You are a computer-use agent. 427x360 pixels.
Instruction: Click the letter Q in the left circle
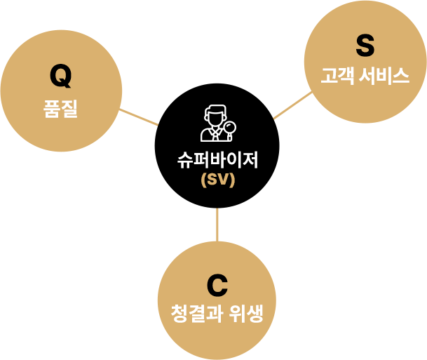[61, 76]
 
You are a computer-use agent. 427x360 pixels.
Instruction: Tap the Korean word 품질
[60, 109]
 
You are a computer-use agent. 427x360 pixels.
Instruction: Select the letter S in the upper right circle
[365, 46]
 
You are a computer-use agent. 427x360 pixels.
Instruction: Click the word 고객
[338, 76]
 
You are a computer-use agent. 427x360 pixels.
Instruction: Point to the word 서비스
[384, 76]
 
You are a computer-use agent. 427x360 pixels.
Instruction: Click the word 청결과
[198, 314]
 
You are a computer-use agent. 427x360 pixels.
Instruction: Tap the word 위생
[246, 314]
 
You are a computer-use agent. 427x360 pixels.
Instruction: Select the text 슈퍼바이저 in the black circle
[217, 160]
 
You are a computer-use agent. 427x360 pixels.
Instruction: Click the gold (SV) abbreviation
[217, 180]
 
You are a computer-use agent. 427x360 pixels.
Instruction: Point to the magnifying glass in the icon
[229, 129]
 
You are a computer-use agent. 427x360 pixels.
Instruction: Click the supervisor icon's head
[215, 116]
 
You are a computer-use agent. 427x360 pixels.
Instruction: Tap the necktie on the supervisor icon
[216, 135]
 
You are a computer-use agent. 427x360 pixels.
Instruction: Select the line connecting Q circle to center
[139, 117]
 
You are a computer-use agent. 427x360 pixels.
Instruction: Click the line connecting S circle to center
[292, 105]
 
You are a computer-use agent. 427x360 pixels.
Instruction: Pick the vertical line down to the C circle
[217, 225]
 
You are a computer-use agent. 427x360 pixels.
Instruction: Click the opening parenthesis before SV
[203, 180]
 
